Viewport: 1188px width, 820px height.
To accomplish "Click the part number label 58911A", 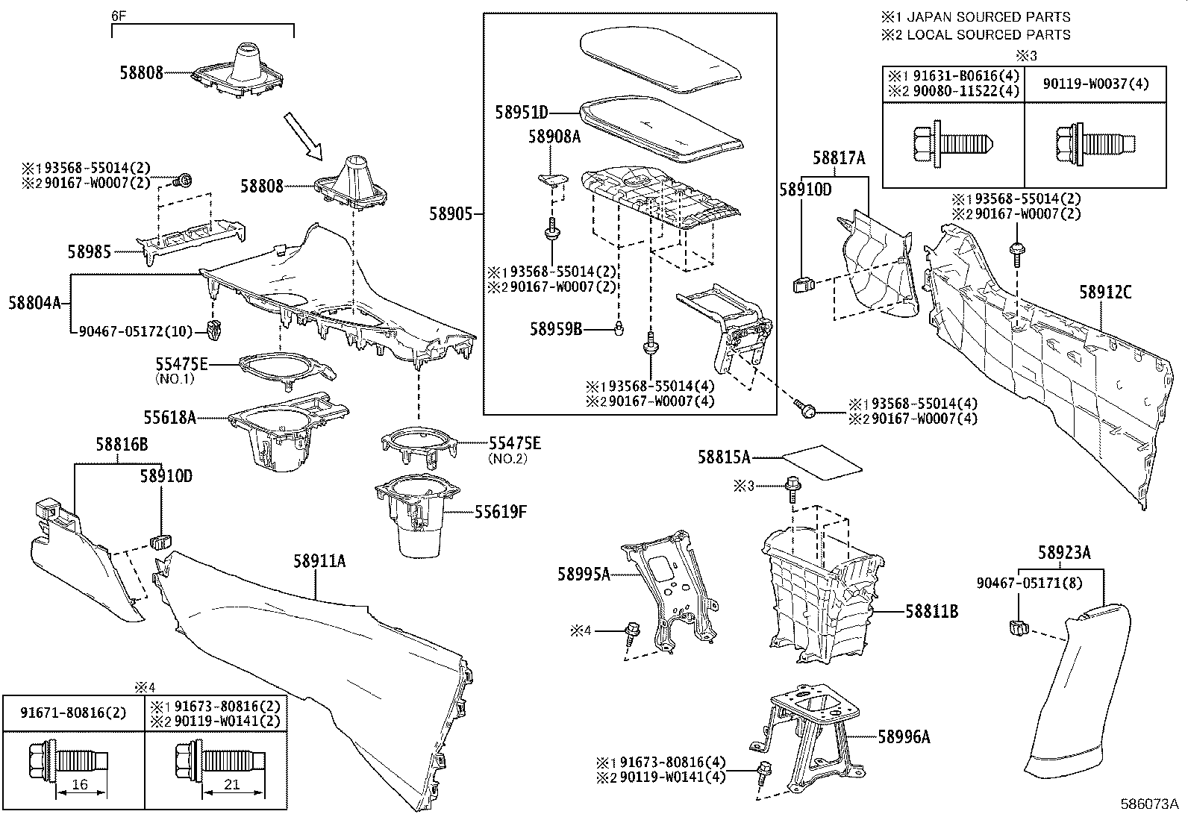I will pos(319,562).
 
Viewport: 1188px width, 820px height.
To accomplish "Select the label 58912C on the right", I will pos(1105,292).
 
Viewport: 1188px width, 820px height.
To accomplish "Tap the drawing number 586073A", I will pos(1148,804).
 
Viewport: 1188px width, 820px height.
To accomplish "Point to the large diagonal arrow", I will pos(304,137).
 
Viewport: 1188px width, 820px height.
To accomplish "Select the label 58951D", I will pos(522,113).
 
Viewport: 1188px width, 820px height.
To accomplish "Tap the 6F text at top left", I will pos(119,15).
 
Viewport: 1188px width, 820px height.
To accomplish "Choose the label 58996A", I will pos(904,737).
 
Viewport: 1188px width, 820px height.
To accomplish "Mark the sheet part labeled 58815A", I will pos(823,461).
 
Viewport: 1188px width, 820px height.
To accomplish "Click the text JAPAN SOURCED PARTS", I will pos(988,16).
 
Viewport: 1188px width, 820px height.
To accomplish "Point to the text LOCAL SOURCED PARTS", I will pos(988,34).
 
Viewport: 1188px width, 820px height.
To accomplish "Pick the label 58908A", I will pos(554,137).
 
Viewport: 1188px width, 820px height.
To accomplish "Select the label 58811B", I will pos(932,612).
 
